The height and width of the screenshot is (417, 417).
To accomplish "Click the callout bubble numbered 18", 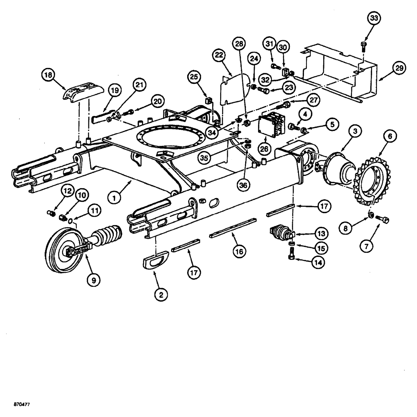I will pos(49,76).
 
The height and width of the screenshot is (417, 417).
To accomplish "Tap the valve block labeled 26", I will pos(270,124).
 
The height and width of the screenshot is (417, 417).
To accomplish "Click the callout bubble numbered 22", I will pos(219,55).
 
